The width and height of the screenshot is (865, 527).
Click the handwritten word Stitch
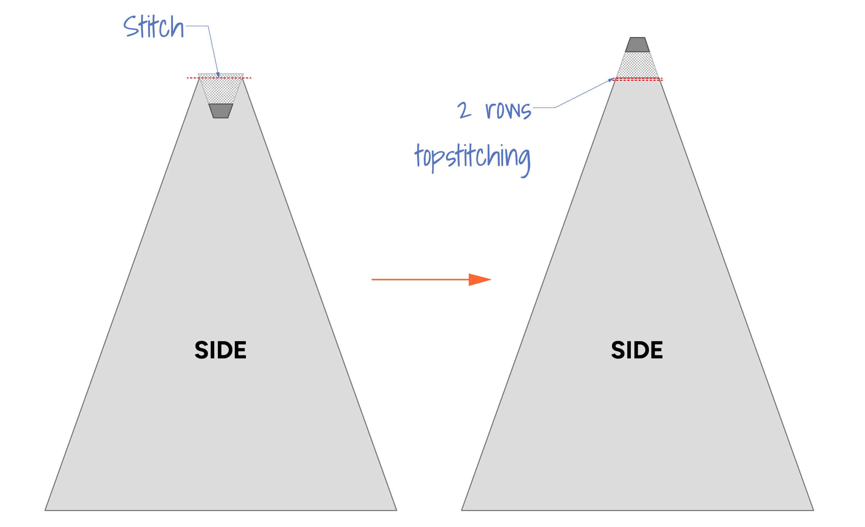153,27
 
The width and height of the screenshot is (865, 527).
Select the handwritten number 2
464,110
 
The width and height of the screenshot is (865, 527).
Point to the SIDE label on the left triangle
220,350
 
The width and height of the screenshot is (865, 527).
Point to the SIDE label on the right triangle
637,350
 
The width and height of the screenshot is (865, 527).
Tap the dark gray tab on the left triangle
221,111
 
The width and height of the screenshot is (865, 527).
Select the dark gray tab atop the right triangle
637,45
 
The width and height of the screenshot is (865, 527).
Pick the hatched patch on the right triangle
637,65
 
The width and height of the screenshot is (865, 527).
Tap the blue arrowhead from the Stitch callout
218,75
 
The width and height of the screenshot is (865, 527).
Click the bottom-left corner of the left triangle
45,510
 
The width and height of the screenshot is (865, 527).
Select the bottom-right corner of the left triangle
396,510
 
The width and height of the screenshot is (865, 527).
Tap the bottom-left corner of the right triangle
462,510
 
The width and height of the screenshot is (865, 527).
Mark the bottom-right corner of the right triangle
813,510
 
